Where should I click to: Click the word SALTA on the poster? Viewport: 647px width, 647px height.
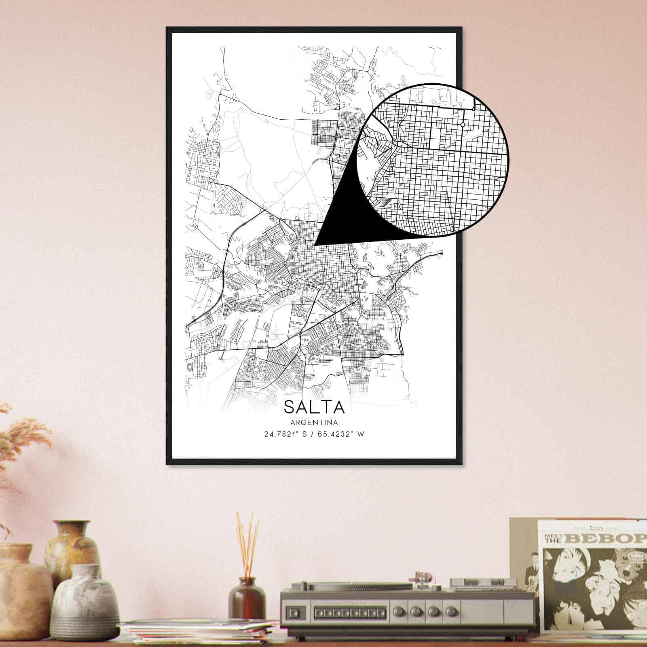click(x=314, y=407)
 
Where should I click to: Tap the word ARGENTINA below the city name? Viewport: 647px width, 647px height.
click(x=314, y=423)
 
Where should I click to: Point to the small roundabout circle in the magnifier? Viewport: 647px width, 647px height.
click(x=462, y=125)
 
